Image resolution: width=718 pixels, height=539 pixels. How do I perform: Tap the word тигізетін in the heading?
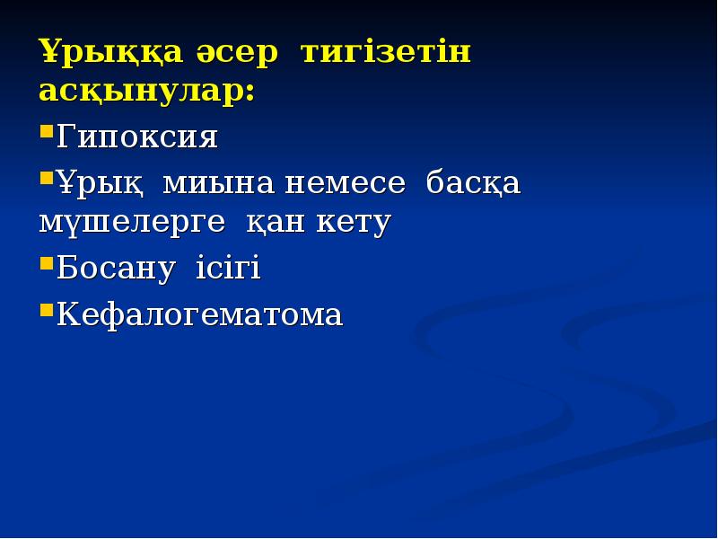[x=386, y=53]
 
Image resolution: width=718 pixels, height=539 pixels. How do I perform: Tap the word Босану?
[x=117, y=270]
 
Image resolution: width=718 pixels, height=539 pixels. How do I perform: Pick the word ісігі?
[x=228, y=270]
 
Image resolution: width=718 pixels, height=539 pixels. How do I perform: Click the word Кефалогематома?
[x=199, y=314]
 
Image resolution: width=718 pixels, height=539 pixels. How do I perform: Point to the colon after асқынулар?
[x=249, y=94]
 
